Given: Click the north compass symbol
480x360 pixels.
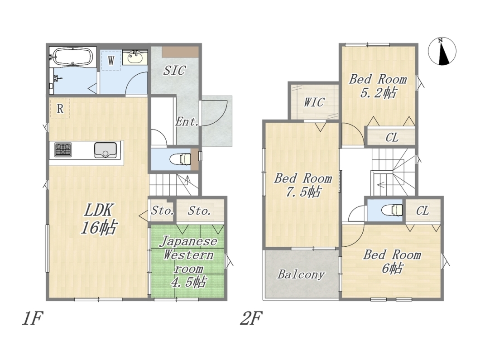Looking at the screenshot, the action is [442, 52].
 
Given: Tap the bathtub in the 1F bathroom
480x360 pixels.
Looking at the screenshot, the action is [72, 57].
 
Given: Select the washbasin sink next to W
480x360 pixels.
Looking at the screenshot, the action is [135, 57].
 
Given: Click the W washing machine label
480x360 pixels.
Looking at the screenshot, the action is [111, 60].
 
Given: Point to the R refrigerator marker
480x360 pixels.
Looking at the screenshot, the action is [60, 108].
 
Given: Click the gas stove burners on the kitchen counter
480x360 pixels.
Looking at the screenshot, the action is [63, 150].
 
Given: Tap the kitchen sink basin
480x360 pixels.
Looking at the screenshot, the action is [106, 150].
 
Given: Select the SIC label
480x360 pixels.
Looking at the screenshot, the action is [174, 70].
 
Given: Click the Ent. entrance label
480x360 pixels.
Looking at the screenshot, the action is [187, 122].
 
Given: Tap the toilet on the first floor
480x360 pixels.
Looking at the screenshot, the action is [180, 159].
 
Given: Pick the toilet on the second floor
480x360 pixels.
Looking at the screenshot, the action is [392, 210].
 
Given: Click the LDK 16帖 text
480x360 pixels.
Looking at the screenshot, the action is [99, 219].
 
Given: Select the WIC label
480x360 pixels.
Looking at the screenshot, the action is [314, 102].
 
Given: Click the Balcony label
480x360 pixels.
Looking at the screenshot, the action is [301, 274].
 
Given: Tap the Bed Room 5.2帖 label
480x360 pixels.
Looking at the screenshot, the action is [378, 86].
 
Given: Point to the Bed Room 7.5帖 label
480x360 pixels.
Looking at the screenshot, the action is [303, 185].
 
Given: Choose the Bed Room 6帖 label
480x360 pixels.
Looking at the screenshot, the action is [392, 261].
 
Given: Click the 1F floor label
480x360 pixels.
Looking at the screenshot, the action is [32, 318].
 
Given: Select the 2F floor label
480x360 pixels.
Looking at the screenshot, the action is [251, 318].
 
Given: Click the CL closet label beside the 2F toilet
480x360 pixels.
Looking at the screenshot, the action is [422, 211].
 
